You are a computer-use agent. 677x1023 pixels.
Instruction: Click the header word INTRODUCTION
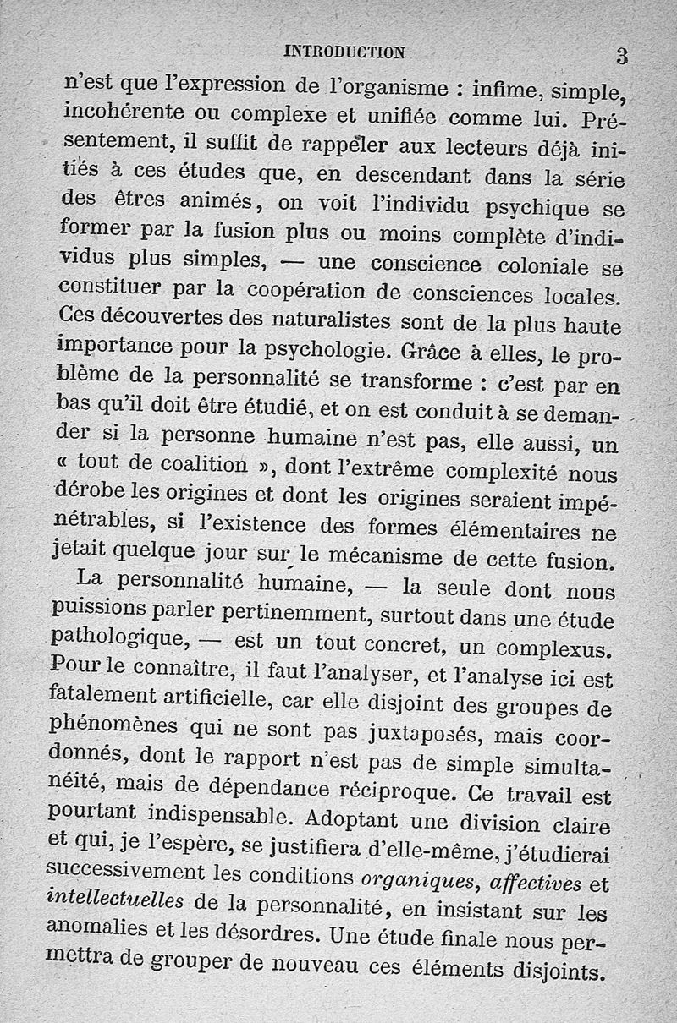point(345,52)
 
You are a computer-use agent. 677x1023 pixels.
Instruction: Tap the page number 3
point(622,56)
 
